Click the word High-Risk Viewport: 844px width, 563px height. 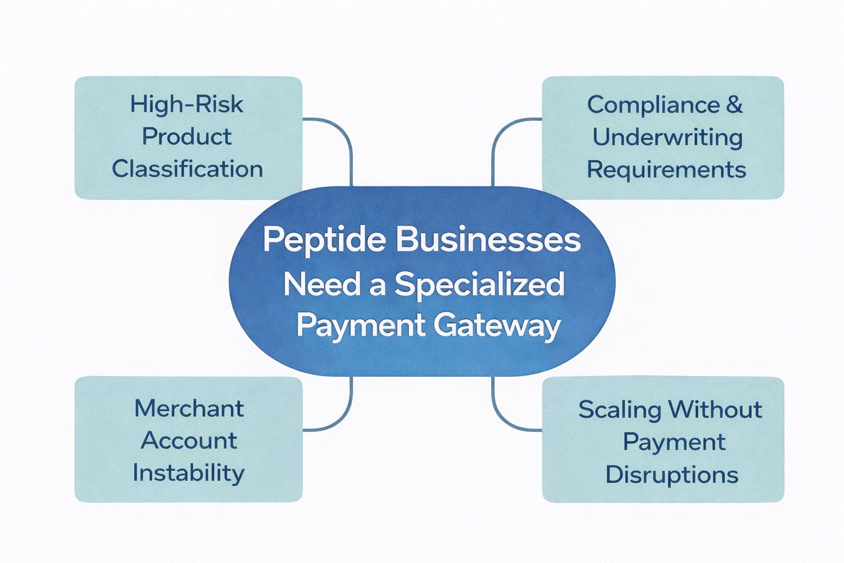coord(186,104)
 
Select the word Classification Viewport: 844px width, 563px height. coord(187,169)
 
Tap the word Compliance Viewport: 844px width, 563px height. coord(653,105)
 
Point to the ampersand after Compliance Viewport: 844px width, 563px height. coord(734,104)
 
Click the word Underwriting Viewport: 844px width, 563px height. coord(667,137)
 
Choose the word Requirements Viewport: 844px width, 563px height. coord(666,169)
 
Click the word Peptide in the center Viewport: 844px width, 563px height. coord(324,240)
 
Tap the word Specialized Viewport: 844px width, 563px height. coord(479,284)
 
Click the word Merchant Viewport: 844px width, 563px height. coord(188,409)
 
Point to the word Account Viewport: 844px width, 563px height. coord(188,440)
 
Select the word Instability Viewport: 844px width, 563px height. coord(188,473)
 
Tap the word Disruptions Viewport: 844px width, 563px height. coord(671,474)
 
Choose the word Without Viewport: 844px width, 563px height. coord(715,410)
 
